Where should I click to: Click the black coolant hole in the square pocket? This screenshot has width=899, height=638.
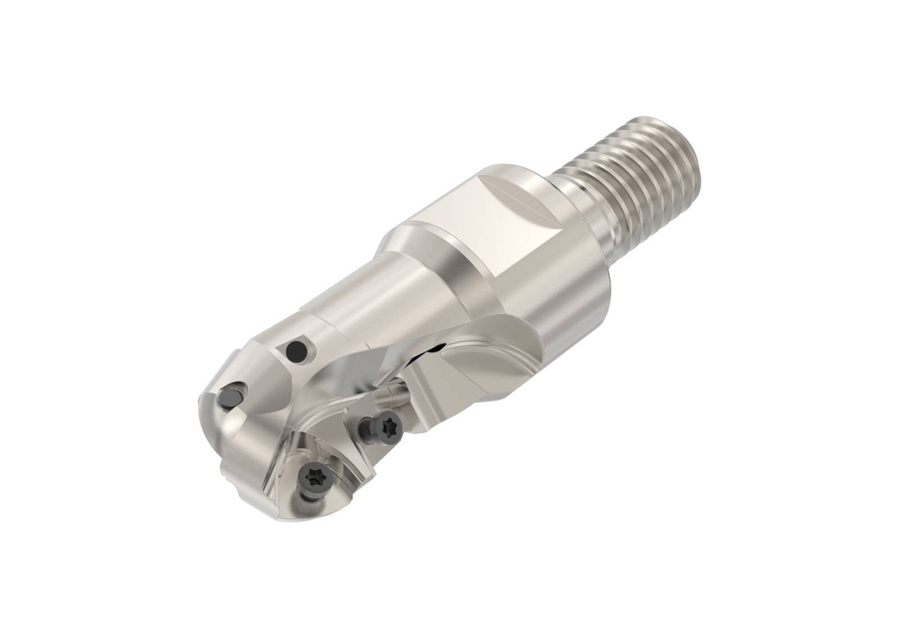pos(298,351)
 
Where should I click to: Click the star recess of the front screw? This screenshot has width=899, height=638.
pos(314,478)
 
